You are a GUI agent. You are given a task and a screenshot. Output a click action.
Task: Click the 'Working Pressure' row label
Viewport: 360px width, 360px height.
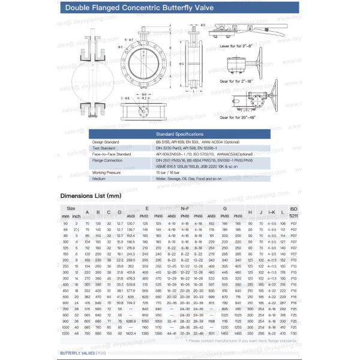pos(106,172)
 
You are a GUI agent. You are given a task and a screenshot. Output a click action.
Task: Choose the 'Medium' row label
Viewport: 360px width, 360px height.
pos(99,178)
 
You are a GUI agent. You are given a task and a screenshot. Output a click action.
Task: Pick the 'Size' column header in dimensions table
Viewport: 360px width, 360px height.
pos(71,208)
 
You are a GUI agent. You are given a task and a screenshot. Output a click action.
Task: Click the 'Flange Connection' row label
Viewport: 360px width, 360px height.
pos(107,160)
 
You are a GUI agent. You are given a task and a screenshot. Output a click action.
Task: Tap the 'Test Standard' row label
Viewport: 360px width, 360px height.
pos(104,148)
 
